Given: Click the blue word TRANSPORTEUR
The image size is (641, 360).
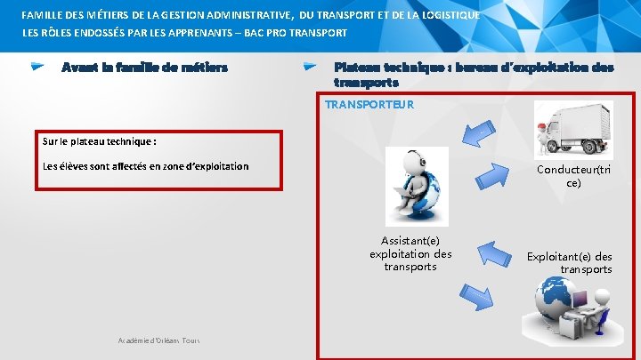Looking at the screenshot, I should click(x=369, y=105).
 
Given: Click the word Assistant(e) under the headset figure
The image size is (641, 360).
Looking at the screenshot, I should click(x=410, y=241).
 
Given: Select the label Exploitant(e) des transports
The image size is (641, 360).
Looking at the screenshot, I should click(x=570, y=262).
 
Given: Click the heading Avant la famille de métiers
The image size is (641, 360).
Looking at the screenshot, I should click(x=144, y=68).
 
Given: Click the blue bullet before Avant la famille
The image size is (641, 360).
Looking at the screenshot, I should click(x=38, y=67).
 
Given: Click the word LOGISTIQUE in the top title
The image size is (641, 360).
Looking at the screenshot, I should click(x=443, y=15).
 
